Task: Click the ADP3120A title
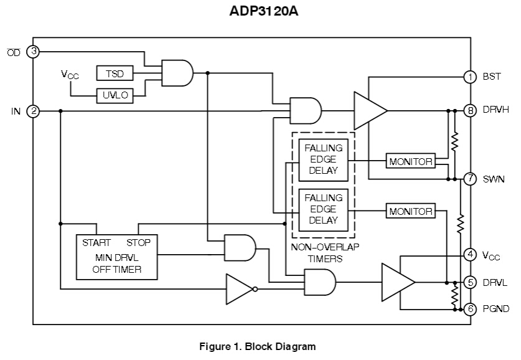coord(260,12)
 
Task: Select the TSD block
coord(115,73)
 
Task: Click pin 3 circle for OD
coord(34,52)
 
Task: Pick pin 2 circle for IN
coord(34,111)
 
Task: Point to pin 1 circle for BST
coord(470,77)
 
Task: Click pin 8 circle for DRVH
coord(470,111)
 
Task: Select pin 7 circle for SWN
coord(470,179)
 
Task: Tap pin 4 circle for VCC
coord(470,254)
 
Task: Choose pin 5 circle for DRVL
coord(470,282)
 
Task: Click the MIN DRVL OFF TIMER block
coord(117,256)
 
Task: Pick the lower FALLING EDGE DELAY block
coord(323,209)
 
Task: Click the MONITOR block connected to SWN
coord(410,161)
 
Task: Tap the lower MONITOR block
coord(410,211)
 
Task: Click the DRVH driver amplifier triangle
coord(368,111)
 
